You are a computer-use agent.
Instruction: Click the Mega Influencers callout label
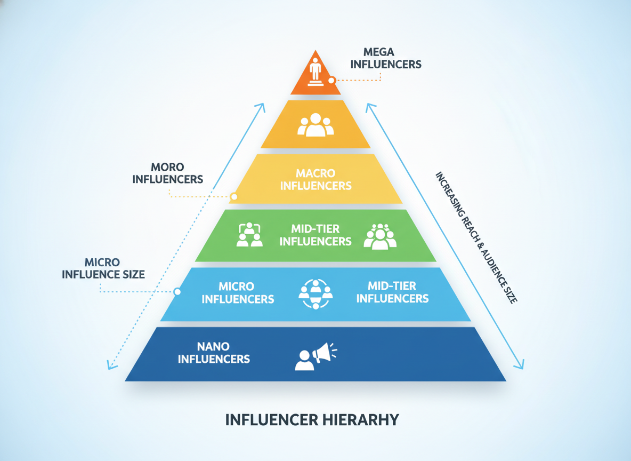385,58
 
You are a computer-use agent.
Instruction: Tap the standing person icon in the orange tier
315,71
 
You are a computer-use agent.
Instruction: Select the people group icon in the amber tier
315,124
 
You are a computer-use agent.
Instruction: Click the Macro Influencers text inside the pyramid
316,179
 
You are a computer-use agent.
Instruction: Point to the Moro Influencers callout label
168,173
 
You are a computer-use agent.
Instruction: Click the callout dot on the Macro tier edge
234,197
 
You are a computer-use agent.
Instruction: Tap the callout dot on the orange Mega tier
331,80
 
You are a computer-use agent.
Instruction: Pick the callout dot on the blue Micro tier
177,291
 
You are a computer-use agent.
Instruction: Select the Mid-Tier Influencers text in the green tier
315,235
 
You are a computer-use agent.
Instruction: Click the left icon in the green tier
249,235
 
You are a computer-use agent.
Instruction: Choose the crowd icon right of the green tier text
380,236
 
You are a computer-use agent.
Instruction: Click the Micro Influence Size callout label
103,268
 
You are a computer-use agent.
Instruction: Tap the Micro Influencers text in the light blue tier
238,292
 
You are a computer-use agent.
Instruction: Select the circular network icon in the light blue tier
315,294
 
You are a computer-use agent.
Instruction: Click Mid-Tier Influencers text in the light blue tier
392,292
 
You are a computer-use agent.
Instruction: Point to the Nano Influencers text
214,353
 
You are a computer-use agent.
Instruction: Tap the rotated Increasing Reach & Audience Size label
476,237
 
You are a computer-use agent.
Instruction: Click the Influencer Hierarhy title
312,420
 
